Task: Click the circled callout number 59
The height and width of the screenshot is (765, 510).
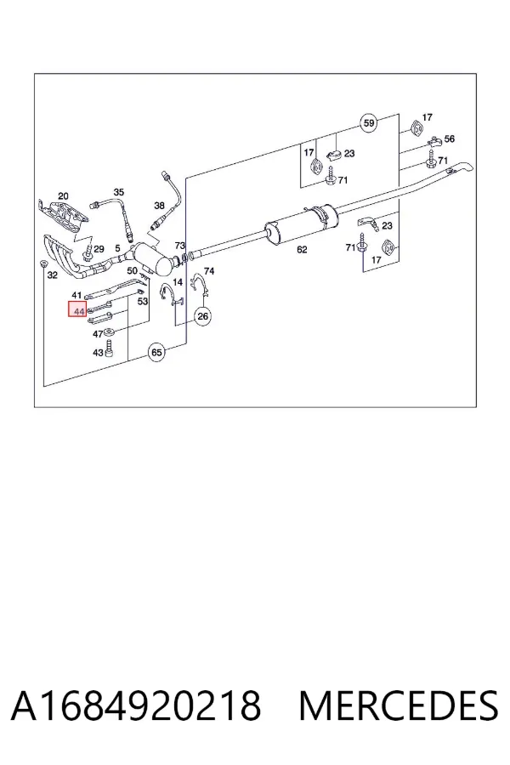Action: [x=369, y=122]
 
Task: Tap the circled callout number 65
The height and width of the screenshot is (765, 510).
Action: [x=156, y=352]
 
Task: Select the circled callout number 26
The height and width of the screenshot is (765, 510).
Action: [x=202, y=316]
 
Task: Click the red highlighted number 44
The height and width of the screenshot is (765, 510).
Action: [x=77, y=309]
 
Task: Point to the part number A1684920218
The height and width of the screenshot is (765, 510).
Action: [x=136, y=705]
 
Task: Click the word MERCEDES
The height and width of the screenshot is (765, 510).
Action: [x=399, y=705]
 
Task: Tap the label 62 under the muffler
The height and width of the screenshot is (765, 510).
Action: [x=302, y=250]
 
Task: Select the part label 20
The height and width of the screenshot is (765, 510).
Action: [x=63, y=196]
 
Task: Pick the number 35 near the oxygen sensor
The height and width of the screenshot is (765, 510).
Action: [x=119, y=192]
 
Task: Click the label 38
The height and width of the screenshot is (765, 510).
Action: [x=159, y=207]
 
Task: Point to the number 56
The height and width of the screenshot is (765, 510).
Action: [x=449, y=139]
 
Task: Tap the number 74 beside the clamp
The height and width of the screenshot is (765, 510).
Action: [x=209, y=271]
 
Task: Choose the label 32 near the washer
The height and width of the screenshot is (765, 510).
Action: [x=52, y=275]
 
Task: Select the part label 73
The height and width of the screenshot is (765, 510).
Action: [x=180, y=246]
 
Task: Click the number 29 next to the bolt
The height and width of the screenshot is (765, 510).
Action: [x=99, y=249]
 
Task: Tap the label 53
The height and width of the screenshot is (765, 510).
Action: [x=143, y=302]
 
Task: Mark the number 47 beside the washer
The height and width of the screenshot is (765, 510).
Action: [x=98, y=334]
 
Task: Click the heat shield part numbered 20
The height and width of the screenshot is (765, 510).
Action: [x=64, y=215]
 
